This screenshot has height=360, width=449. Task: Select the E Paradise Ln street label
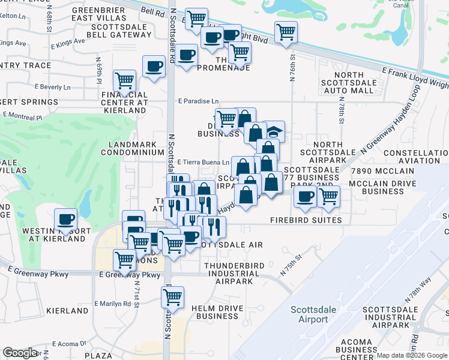(197, 102)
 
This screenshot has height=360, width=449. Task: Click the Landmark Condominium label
(136, 148)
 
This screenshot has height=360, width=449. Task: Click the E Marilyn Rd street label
(112, 304)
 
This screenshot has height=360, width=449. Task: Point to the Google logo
(20, 353)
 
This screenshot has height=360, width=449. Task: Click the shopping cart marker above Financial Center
(124, 80)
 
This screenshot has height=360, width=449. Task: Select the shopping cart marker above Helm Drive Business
(172, 297)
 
